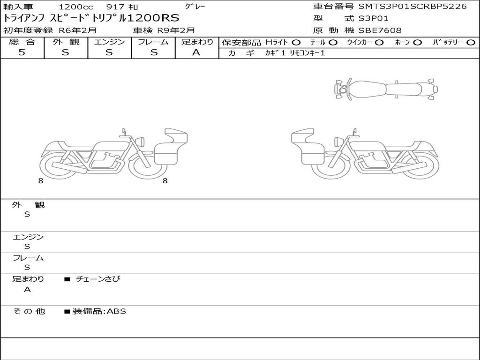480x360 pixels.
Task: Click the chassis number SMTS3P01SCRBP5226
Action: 412,7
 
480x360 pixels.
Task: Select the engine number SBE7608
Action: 380,30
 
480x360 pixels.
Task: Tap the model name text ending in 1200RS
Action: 91,18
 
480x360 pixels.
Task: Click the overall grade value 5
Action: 22,52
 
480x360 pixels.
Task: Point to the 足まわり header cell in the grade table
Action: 197,42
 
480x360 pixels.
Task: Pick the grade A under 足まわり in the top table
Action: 196,52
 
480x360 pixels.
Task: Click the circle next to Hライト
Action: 296,43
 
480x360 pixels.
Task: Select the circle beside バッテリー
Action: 471,43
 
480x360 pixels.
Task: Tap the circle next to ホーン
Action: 417,43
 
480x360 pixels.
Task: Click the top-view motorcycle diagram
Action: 386,89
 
